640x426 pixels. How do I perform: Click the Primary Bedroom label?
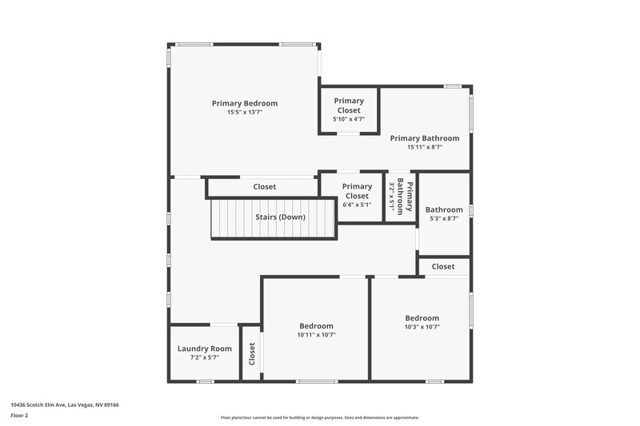[244, 103]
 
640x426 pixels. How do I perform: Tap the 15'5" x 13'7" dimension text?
[244, 113]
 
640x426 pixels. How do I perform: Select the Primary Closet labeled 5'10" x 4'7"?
[348, 109]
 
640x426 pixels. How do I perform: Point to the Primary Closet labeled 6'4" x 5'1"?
[357, 195]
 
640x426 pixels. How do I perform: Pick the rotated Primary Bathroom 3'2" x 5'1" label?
[401, 197]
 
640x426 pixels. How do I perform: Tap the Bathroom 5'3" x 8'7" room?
[444, 213]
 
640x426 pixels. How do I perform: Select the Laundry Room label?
[204, 348]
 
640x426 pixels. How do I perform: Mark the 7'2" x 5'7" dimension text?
[204, 357]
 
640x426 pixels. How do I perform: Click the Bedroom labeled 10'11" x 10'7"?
[316, 330]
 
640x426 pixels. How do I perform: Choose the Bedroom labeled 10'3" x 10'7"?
[422, 321]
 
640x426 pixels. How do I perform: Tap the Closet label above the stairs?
[264, 187]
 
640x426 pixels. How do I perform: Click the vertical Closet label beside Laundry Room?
[251, 353]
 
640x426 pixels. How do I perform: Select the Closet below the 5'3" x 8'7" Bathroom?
[442, 266]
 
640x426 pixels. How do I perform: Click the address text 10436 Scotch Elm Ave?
[65, 405]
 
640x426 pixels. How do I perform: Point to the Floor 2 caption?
[20, 416]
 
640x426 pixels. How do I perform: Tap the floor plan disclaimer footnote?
[319, 417]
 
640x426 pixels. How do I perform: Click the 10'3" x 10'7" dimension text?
[422, 326]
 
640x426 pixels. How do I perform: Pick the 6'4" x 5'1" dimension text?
[357, 205]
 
